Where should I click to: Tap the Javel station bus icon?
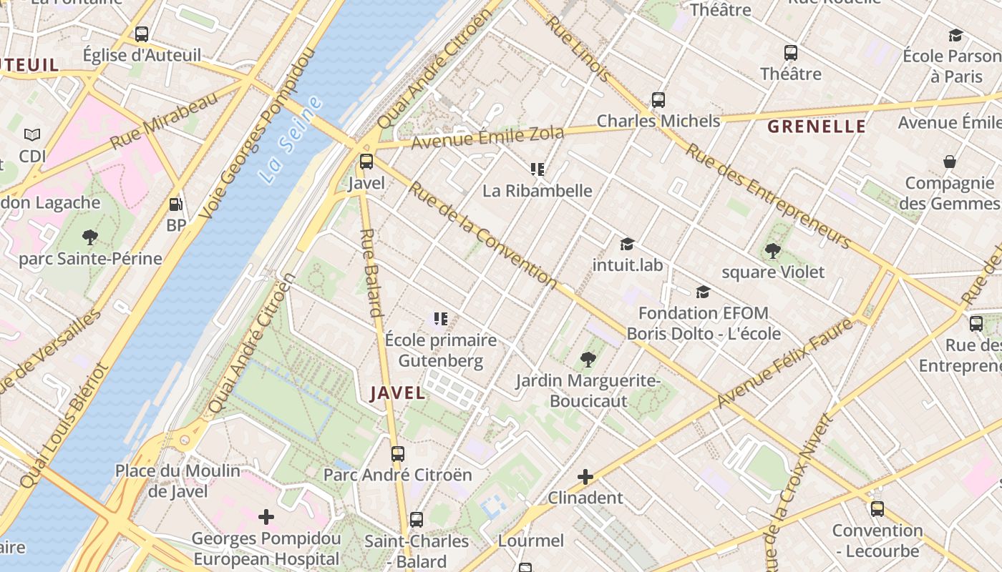point(366,162)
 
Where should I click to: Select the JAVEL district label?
point(398,393)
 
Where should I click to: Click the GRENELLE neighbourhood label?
point(817,127)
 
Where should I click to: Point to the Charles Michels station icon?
point(658,100)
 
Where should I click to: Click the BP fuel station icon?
point(175,205)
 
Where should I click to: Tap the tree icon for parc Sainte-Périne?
point(90,237)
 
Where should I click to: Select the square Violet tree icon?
point(772,251)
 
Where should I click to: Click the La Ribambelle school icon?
point(538,169)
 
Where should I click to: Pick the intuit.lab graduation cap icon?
point(628,245)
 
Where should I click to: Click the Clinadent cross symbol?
point(585,477)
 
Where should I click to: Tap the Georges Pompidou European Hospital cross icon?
point(266,517)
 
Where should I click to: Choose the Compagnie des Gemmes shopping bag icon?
point(950,162)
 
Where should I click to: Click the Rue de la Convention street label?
point(483,236)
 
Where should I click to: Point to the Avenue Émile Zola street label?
point(487,137)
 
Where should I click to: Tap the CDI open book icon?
point(32,134)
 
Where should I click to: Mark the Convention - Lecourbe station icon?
point(877,509)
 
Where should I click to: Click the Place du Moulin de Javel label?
point(178,480)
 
